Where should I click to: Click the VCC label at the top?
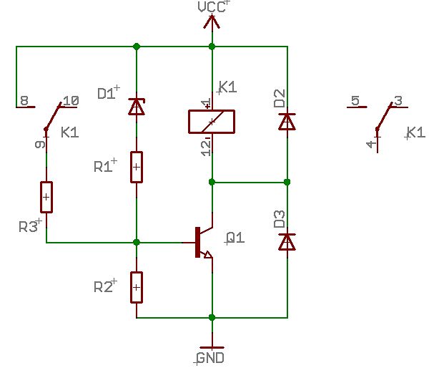[212, 7]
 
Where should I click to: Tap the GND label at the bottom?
[210, 358]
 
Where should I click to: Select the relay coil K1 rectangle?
[212, 122]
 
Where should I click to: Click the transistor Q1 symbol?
[204, 242]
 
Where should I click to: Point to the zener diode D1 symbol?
[137, 107]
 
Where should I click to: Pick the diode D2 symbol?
[287, 122]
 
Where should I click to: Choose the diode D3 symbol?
[287, 241]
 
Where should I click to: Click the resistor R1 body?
[137, 168]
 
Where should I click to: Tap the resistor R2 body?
[137, 288]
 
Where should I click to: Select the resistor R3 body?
[46, 198]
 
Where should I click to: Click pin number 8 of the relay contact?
[24, 100]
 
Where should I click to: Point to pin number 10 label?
[71, 101]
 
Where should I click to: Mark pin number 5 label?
[355, 100]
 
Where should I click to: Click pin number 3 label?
[398, 100]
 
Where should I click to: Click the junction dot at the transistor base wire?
[137, 242]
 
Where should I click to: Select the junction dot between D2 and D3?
[287, 182]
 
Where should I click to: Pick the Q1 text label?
[235, 238]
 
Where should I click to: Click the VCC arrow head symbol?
[212, 21]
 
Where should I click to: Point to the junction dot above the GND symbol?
[212, 317]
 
